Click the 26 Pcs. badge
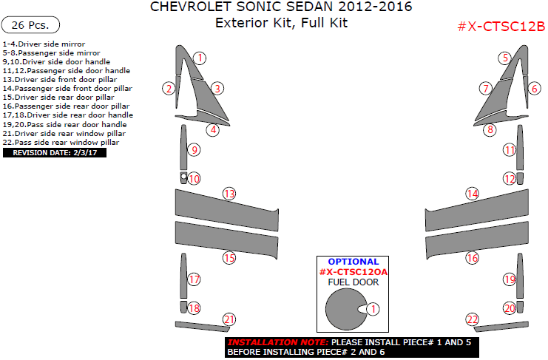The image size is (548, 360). tap(30, 25)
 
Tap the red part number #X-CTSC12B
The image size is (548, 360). tap(501, 26)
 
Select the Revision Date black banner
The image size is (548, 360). tap(55, 152)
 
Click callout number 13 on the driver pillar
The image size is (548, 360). tap(229, 194)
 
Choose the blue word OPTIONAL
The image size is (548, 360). tap(353, 262)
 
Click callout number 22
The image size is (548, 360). tap(472, 319)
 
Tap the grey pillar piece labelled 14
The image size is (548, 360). tap(477, 211)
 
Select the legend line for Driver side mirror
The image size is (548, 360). tap(44, 44)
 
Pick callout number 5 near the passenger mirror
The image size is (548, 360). tap(505, 58)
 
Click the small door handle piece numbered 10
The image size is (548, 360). tap(183, 177)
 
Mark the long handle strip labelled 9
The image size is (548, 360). tap(183, 147)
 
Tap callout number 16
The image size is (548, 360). tap(472, 259)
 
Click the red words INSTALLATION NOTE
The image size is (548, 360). tap(278, 342)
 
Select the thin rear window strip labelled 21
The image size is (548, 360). tap(203, 327)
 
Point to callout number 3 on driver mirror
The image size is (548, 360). tap(217, 89)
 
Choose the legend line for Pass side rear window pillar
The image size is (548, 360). tap(61, 143)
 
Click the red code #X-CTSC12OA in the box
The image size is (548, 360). tap(354, 271)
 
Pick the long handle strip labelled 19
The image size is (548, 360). tap(520, 276)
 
